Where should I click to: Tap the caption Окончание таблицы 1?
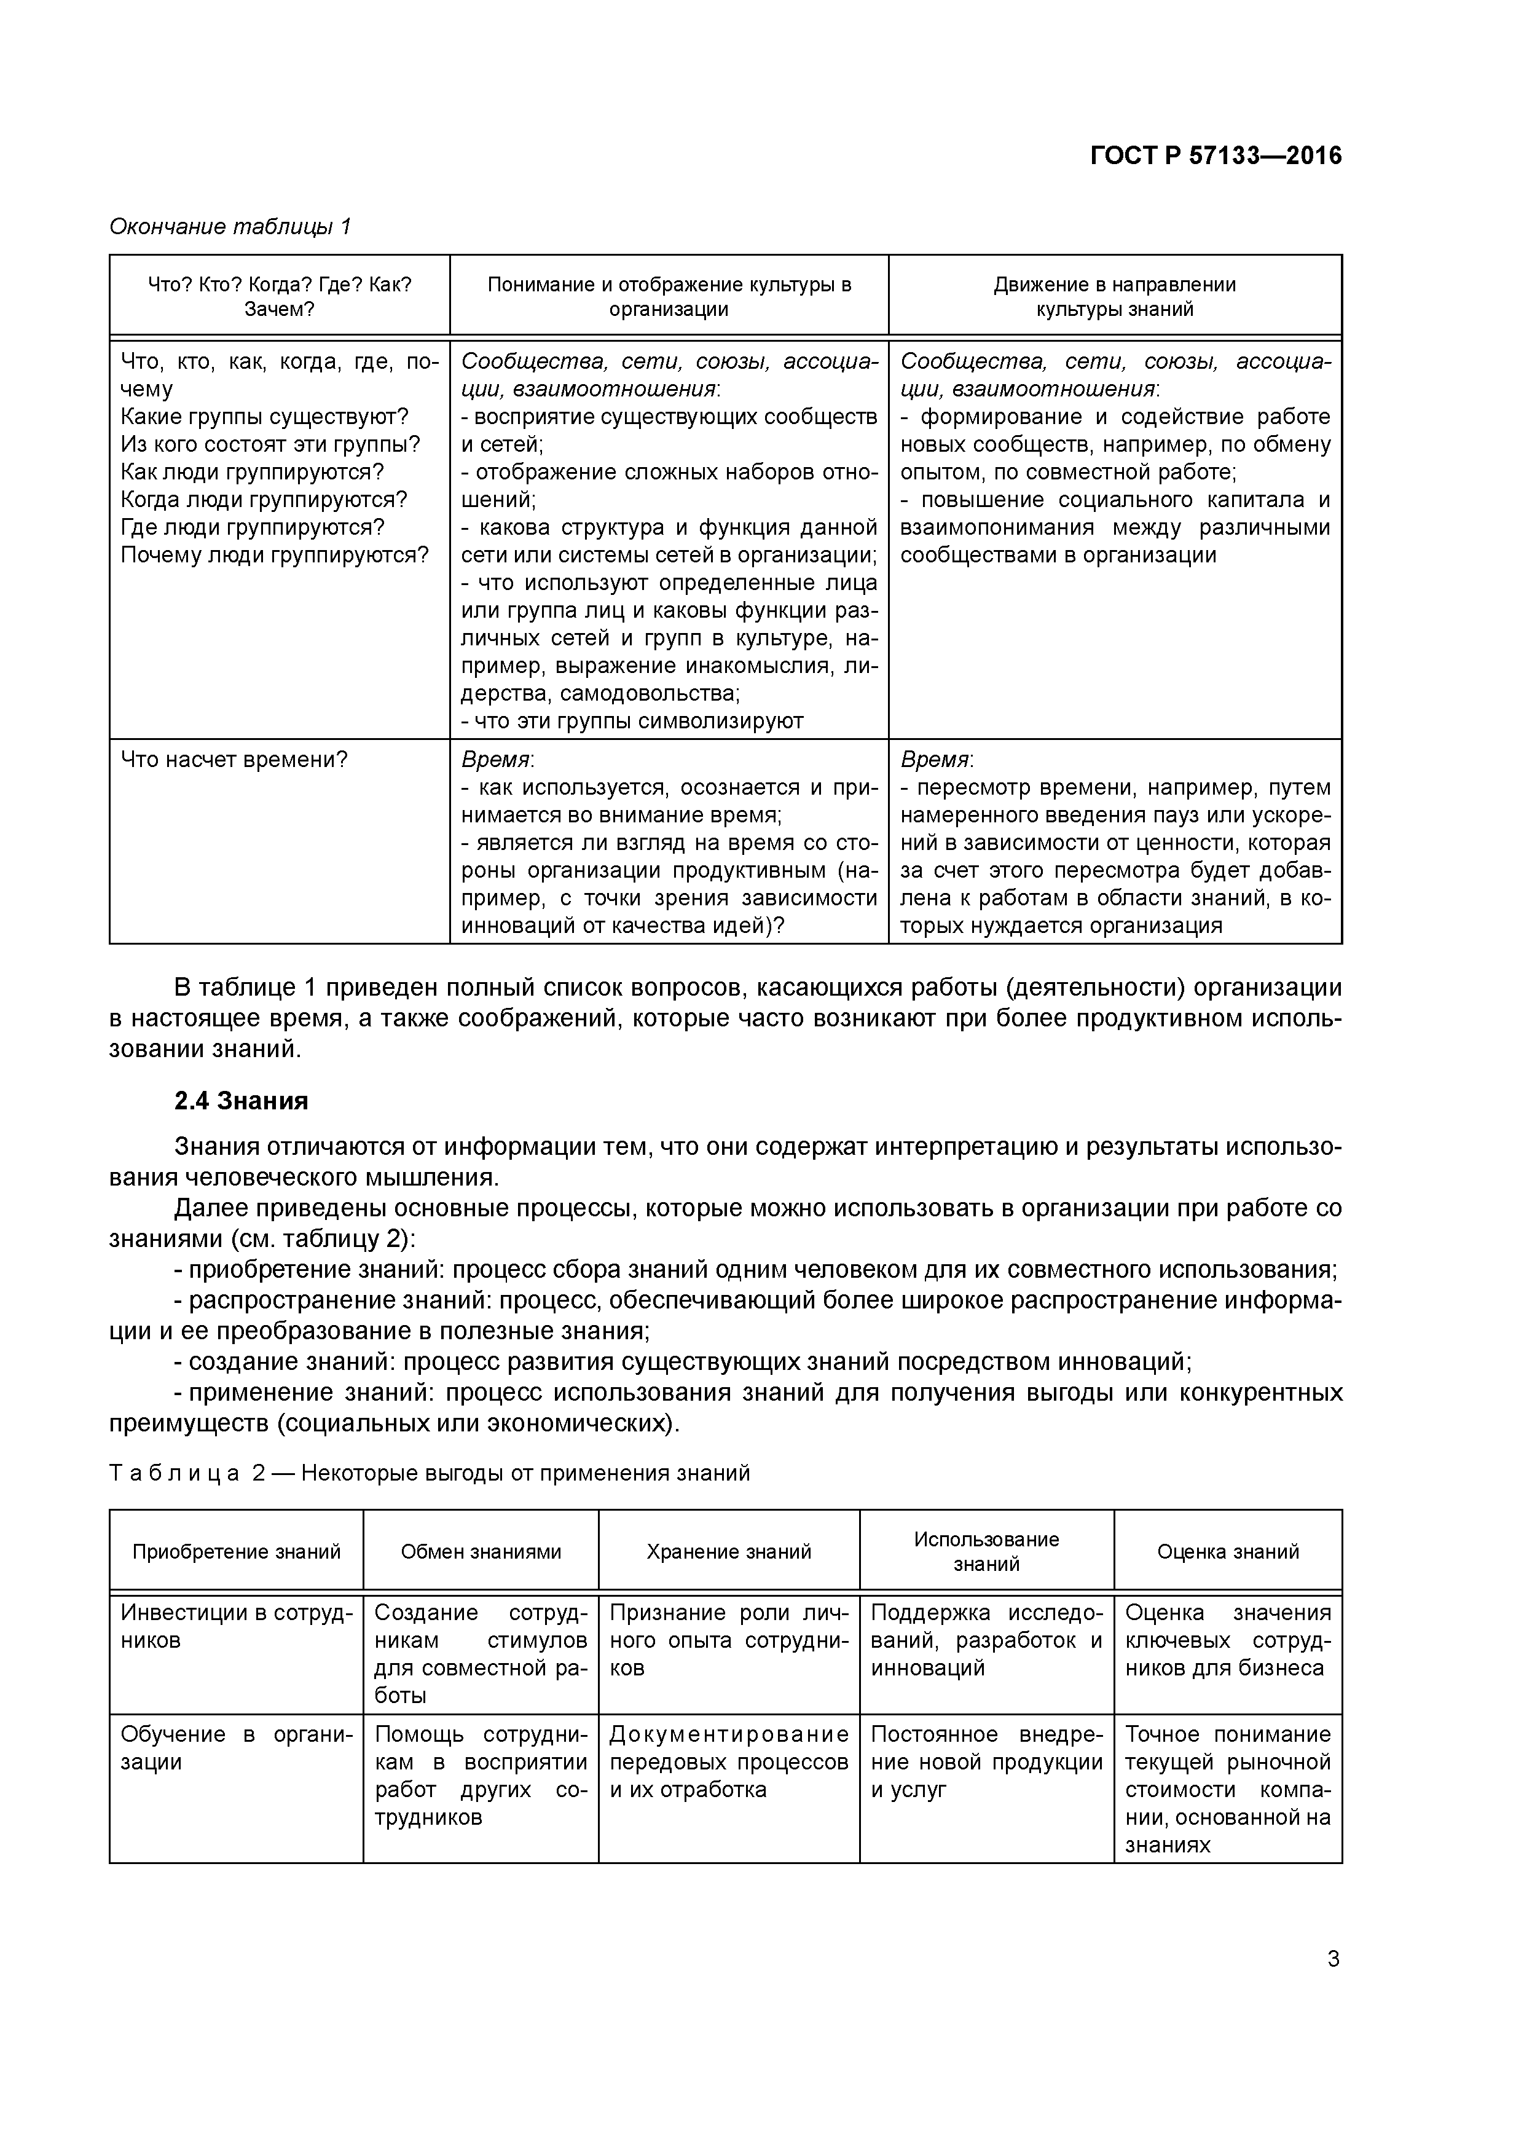click(230, 226)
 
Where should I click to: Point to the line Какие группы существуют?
click(265, 417)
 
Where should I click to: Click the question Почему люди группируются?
click(274, 555)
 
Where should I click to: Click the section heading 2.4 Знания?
click(242, 1101)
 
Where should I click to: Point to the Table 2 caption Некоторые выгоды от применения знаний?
click(526, 1473)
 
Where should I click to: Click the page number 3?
click(1332, 1959)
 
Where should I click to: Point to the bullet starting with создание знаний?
click(683, 1361)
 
